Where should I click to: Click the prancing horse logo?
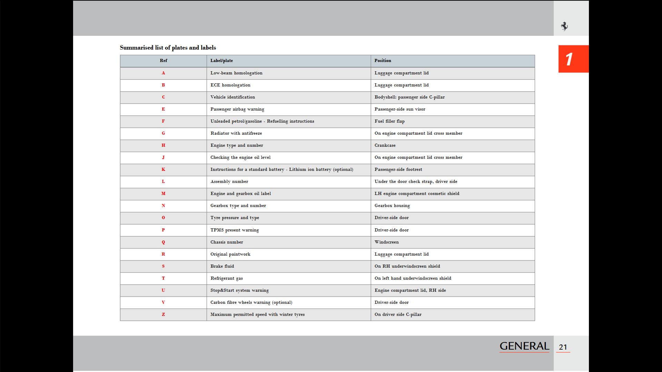pos(564,26)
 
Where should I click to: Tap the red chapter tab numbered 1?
pos(573,59)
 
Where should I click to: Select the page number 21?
pos(563,347)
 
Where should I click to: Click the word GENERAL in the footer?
pos(524,346)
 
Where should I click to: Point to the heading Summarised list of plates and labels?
pos(168,48)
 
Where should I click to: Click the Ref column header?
pos(163,61)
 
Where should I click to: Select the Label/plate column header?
pos(222,61)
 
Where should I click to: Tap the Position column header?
pos(383,61)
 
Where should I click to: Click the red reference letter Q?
pos(163,242)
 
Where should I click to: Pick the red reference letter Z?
pos(163,314)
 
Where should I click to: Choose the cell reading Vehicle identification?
pos(233,97)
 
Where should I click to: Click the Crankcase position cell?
pos(385,145)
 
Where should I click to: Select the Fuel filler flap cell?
pos(390,121)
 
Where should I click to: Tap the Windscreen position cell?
pos(387,242)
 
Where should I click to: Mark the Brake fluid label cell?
pos(222,266)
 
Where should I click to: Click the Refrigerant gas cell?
pos(227,278)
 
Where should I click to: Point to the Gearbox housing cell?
pos(392,206)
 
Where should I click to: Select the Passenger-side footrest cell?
pos(398,169)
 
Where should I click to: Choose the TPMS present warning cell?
pos(235,230)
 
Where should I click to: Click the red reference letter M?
pos(163,194)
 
